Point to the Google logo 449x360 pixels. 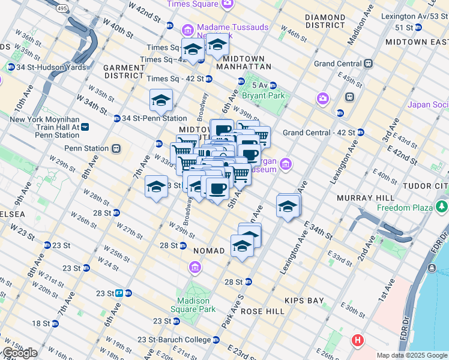click(x=20, y=352)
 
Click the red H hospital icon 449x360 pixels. click(x=358, y=341)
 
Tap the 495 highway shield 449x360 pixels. click(x=63, y=8)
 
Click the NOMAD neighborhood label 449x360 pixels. click(x=208, y=250)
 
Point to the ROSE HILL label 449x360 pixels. click(x=262, y=311)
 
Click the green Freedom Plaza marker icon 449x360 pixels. click(x=442, y=208)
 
